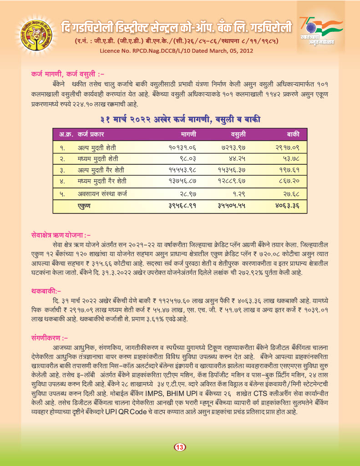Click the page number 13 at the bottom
[180, 447]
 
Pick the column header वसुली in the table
[238, 135]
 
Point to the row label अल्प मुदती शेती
[96, 148]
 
